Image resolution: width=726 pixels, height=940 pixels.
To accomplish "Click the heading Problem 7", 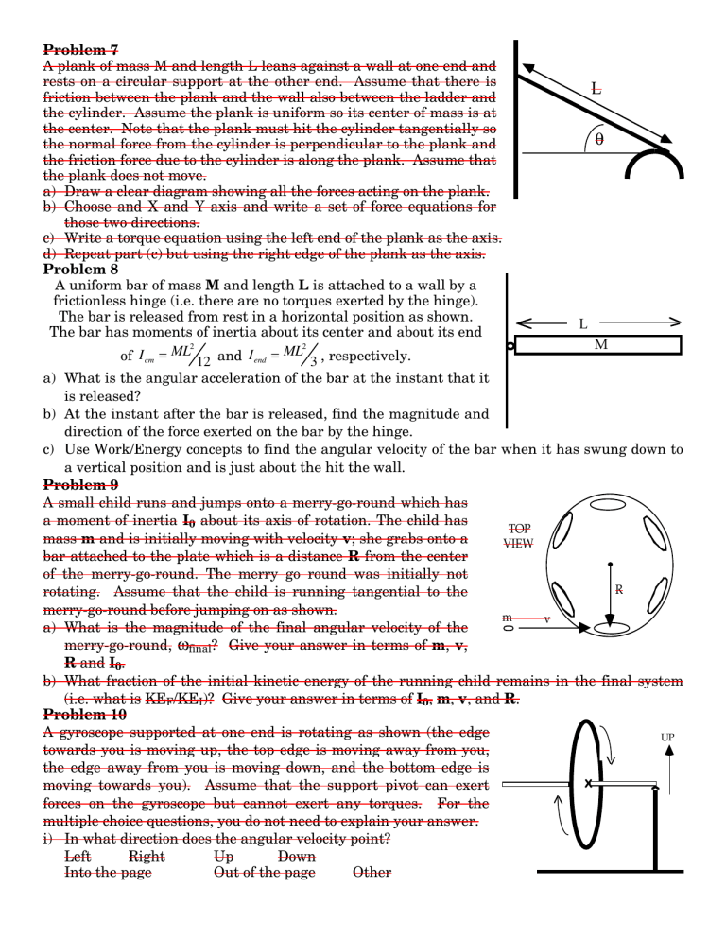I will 81,49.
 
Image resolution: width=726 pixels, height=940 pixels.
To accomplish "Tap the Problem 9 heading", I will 81,485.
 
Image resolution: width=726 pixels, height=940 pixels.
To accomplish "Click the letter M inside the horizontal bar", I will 601,345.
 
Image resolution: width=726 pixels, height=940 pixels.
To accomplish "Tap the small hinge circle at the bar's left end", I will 511,347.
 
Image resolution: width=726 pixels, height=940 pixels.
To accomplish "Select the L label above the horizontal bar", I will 583,324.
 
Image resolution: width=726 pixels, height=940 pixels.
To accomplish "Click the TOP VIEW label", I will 519,536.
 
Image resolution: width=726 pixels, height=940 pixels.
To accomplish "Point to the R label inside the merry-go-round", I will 619,589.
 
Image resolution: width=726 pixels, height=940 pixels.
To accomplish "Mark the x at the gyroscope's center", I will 588,783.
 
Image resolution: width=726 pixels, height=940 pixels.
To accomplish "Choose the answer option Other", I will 371,872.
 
